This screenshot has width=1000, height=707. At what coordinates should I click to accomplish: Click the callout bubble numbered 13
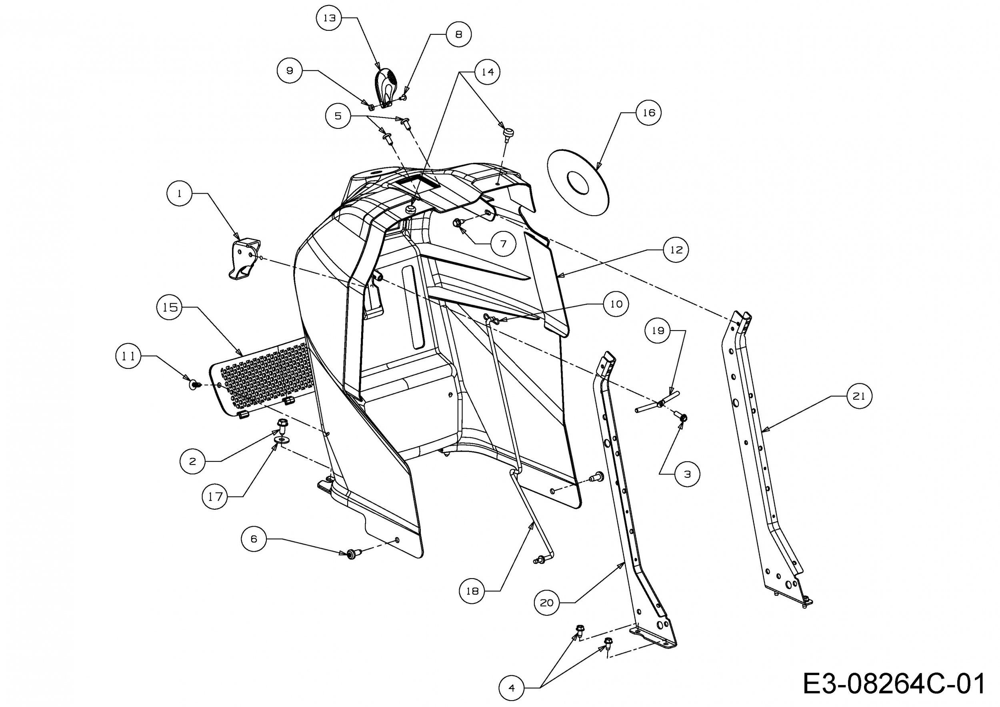(x=330, y=18)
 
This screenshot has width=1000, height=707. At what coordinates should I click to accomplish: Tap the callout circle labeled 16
(x=648, y=112)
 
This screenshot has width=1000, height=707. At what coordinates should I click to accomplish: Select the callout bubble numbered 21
(x=859, y=396)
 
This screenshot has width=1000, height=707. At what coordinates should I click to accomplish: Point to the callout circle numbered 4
(x=511, y=688)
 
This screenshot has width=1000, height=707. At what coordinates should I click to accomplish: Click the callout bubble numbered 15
(x=170, y=307)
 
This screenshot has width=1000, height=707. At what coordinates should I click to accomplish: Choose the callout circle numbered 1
(x=180, y=193)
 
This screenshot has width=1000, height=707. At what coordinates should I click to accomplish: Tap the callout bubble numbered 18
(x=472, y=591)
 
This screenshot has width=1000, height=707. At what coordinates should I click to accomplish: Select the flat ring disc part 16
(x=578, y=182)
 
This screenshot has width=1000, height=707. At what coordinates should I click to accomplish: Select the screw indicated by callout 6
(x=352, y=554)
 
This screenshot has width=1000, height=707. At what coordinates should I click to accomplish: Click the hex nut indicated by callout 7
(x=457, y=222)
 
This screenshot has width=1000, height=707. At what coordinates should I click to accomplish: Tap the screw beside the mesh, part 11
(x=194, y=384)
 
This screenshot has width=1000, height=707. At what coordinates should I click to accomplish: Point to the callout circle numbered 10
(x=616, y=304)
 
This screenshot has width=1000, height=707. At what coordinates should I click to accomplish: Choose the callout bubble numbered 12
(x=676, y=250)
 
